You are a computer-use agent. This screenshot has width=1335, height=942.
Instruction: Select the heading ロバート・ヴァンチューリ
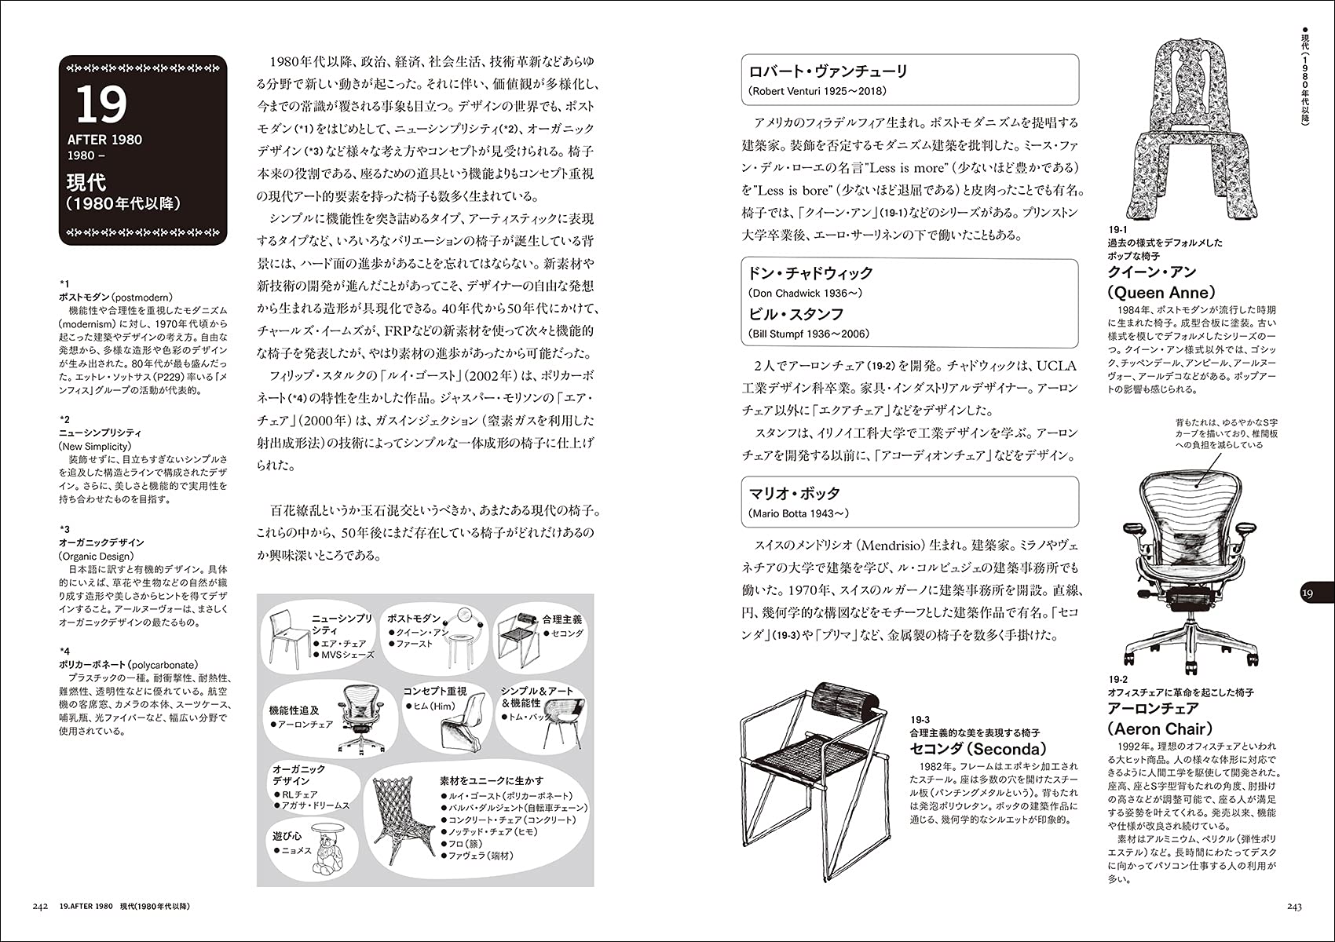tap(828, 71)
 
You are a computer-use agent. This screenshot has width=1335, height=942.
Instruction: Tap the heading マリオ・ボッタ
tap(795, 493)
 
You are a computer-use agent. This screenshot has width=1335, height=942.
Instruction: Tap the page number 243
tap(1294, 907)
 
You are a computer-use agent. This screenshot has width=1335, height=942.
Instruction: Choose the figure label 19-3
tap(920, 719)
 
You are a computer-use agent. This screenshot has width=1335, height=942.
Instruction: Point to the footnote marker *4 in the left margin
tap(64, 651)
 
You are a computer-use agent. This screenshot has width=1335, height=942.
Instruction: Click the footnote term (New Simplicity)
tap(95, 446)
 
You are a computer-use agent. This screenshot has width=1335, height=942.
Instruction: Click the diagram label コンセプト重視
tap(434, 691)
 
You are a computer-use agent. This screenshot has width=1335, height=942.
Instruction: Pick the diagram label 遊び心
tap(287, 835)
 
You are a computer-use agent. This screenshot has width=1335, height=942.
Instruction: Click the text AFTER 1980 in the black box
tap(104, 140)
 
